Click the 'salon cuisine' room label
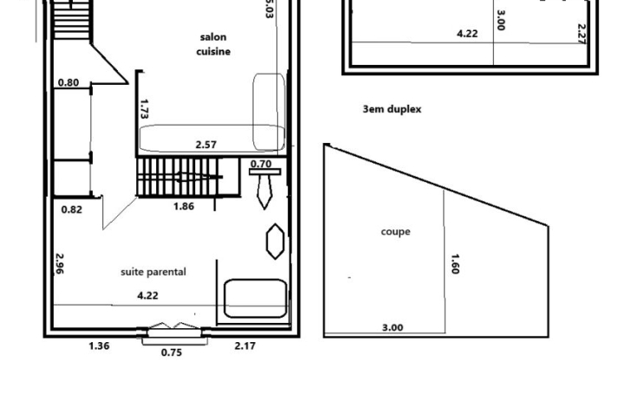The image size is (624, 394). pos(214,44)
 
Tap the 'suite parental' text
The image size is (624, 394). pos(153,272)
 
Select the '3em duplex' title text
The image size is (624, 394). pos(392,110)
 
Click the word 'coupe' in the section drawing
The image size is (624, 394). pos(395,231)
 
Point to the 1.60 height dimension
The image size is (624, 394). pos(454,263)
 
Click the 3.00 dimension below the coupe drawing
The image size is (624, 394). pos(393,327)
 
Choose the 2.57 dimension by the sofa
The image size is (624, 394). pos(206,145)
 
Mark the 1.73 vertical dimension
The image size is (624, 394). pos(145,108)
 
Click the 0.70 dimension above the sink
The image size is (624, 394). pos(260,164)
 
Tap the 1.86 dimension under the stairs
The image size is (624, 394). pos(184,206)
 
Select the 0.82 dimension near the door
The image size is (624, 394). pos(72,209)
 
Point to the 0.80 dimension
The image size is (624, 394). pos(68,83)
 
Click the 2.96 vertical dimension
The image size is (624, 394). pos(59,264)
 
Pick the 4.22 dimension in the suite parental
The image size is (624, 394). pos(148,295)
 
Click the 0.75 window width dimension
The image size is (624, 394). pos(172,352)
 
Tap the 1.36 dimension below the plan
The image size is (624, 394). pos(100,346)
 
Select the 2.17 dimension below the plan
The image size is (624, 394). pos(245,346)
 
